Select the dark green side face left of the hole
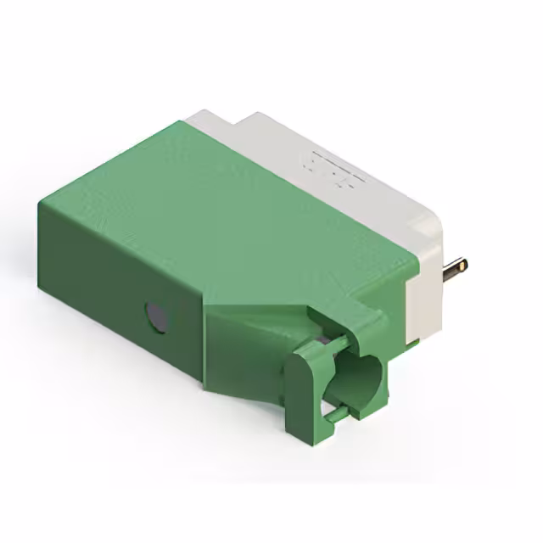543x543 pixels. pyautogui.click(x=93, y=280)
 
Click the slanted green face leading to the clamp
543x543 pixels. pyautogui.click(x=255, y=331)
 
